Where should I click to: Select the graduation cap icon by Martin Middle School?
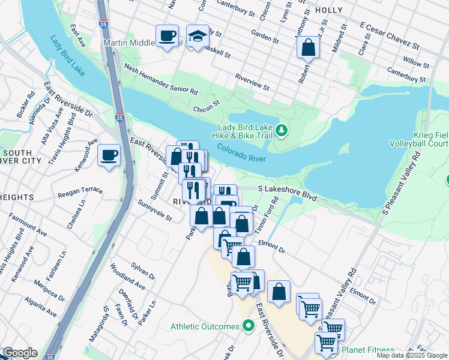(x=197, y=36)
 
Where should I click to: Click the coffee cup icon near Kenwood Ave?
(x=109, y=155)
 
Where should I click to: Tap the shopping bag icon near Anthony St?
(x=308, y=47)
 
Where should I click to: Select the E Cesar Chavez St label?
(x=388, y=35)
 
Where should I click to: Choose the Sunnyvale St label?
(x=155, y=209)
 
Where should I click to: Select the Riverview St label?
(x=252, y=83)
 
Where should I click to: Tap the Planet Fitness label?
(x=368, y=350)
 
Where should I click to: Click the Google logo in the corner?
(x=19, y=353)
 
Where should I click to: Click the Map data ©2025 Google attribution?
(x=411, y=355)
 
